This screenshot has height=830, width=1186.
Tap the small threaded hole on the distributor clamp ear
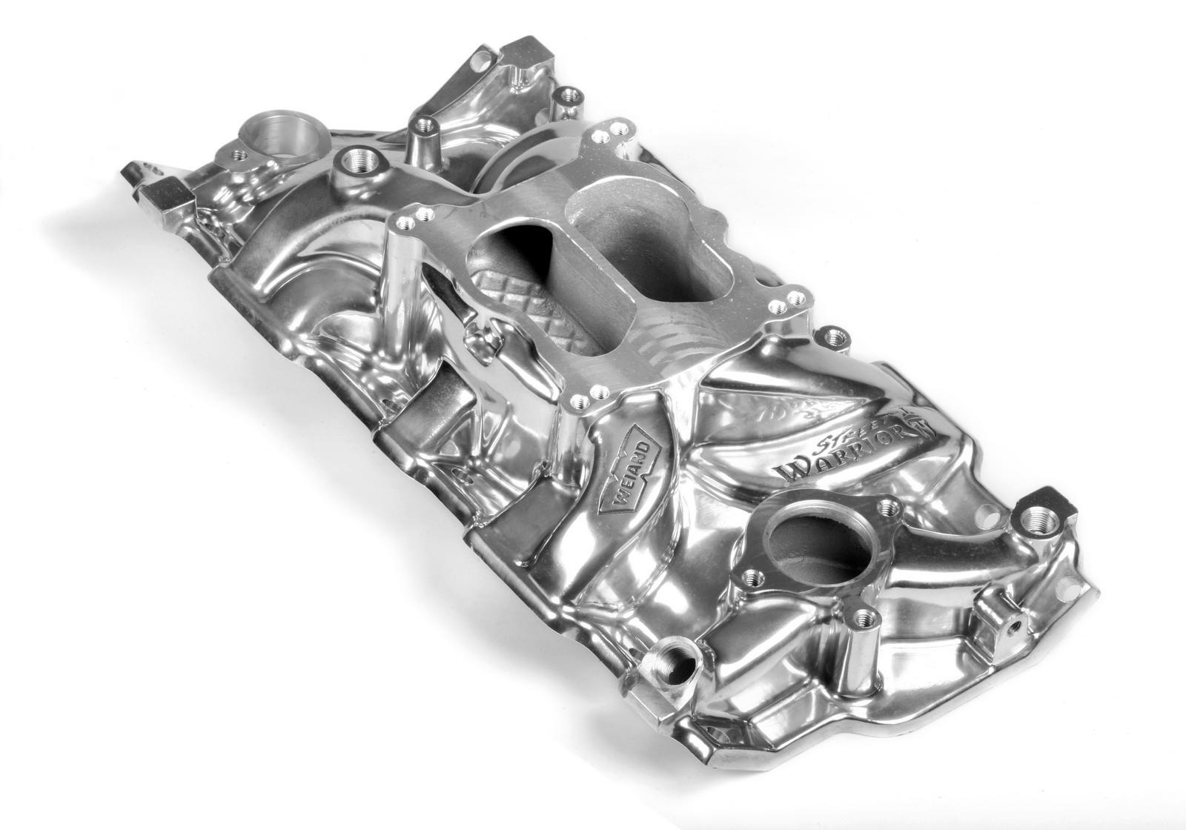239,155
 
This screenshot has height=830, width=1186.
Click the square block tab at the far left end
168,200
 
